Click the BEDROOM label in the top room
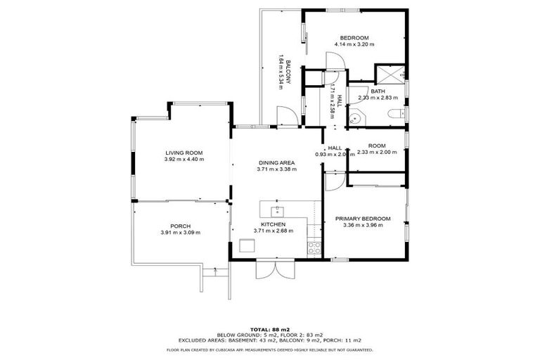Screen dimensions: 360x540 coord(354,38)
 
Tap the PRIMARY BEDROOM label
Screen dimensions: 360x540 coord(363,218)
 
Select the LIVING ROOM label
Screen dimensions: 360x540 coord(184,153)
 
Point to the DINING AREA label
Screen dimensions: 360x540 coord(276,162)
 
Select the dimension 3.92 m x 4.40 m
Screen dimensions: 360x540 coord(184,160)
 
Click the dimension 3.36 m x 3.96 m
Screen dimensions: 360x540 coord(363,225)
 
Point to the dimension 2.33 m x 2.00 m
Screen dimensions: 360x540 coord(375,152)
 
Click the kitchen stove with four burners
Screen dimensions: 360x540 coord(314,247)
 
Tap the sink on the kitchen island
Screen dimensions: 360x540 coord(278,208)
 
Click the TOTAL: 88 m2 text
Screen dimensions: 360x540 coord(270,329)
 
